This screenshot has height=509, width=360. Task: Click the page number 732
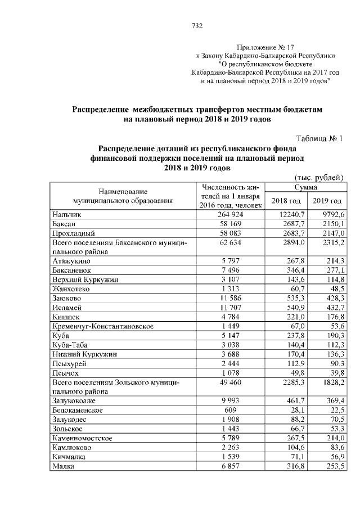(x=197, y=26)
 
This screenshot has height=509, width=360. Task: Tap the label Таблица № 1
(x=319, y=138)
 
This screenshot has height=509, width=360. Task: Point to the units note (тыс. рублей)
(x=318, y=177)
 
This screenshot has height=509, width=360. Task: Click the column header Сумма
(x=305, y=186)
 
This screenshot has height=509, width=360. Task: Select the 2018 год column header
(x=286, y=201)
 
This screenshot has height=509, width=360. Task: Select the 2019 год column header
(x=327, y=201)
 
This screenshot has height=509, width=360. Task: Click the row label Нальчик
(x=67, y=215)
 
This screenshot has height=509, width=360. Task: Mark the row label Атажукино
(x=72, y=262)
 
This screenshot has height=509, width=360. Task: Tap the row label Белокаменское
(x=77, y=411)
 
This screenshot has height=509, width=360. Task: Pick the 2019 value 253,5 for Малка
(x=333, y=466)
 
